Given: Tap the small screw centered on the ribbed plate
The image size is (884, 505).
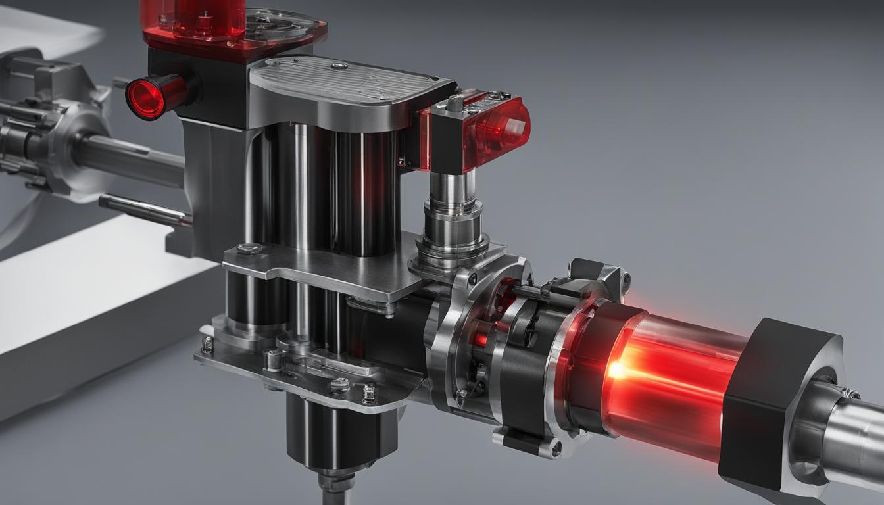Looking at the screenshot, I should [339, 66].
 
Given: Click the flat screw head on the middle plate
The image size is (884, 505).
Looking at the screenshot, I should [248, 249].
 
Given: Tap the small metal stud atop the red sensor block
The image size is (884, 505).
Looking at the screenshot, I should [454, 103].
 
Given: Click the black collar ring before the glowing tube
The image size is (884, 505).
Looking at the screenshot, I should [592, 368].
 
